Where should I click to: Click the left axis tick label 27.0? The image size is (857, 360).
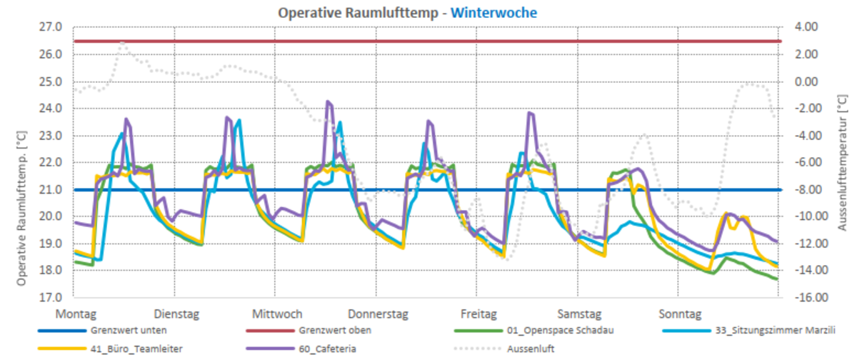51,27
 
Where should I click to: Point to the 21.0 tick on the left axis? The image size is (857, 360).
51,189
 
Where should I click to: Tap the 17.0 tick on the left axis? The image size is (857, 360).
51,297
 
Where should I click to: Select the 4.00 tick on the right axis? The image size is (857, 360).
806,27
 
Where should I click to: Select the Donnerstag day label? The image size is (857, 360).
378,314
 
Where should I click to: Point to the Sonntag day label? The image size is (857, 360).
681,314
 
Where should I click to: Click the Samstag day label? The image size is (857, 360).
579,314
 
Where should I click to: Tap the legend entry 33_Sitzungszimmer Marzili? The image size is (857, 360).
775,330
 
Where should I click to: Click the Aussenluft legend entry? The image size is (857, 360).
530,349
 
